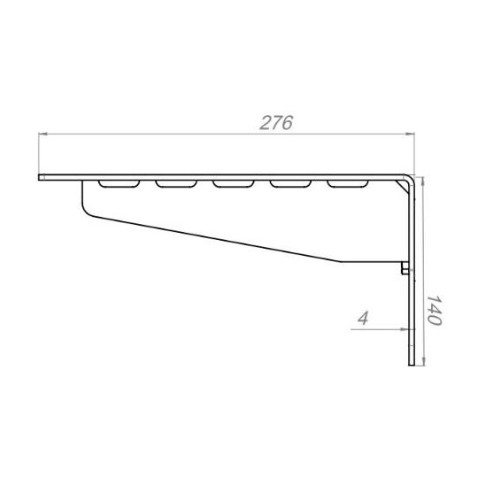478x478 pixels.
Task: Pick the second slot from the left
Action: point(176,184)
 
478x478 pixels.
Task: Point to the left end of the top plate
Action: point(42,178)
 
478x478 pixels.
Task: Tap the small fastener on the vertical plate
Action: point(405,268)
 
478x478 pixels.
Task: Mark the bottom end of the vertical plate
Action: point(412,365)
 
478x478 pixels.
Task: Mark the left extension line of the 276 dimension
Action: point(39,154)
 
